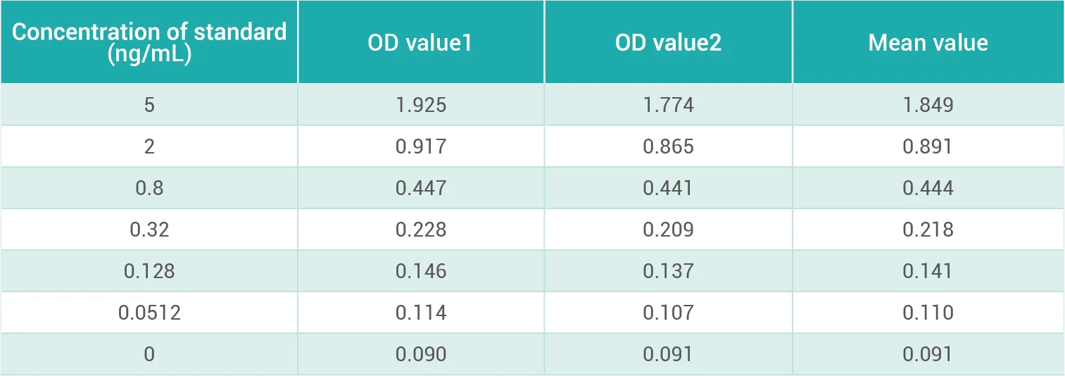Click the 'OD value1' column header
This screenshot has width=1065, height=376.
420,43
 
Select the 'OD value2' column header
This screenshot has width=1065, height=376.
668,43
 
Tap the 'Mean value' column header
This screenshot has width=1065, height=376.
928,43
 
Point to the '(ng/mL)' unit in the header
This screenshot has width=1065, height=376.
149,54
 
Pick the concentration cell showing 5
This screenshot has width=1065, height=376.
149,105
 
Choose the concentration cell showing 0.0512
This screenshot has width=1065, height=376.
149,313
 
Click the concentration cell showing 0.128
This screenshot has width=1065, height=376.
149,271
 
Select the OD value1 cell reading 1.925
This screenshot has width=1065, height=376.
421,105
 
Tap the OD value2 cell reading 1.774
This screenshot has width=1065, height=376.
668,105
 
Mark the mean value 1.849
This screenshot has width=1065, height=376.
928,105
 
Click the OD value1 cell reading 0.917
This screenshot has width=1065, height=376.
421,146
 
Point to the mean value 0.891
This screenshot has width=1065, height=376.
928,146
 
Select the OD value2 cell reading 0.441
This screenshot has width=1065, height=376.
668,188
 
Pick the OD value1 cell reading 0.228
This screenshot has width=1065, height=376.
421,230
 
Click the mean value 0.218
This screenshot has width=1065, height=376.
928,230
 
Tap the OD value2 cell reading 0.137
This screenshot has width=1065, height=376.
668,271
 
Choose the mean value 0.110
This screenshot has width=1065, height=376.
928,313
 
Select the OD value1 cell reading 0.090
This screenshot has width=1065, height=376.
421,354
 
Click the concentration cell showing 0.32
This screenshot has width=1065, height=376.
149,230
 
